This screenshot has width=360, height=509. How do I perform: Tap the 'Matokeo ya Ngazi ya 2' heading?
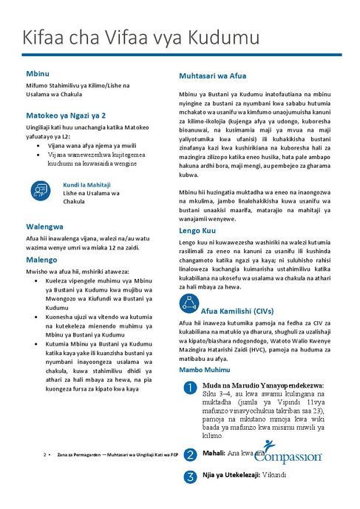[x=66, y=116]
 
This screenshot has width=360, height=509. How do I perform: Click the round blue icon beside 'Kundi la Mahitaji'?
[x=40, y=191]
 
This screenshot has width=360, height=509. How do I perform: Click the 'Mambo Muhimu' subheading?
[x=203, y=368]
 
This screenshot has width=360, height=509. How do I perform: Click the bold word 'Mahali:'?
[x=214, y=452]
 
